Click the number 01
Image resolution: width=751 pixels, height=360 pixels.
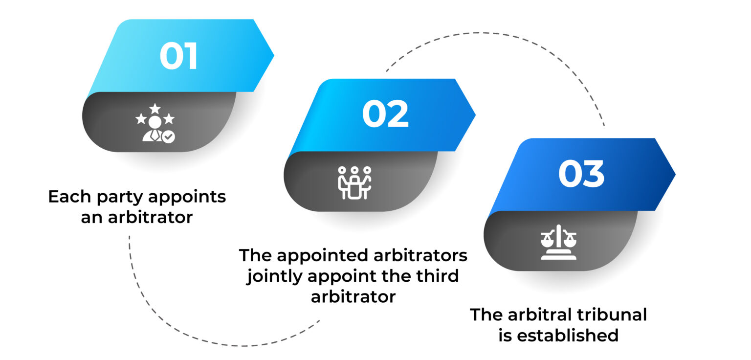click(x=179, y=57)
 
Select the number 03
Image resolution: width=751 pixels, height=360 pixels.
click(x=582, y=175)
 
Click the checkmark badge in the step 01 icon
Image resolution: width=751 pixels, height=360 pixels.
click(x=169, y=137)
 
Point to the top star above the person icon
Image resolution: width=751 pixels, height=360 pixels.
click(x=155, y=108)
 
